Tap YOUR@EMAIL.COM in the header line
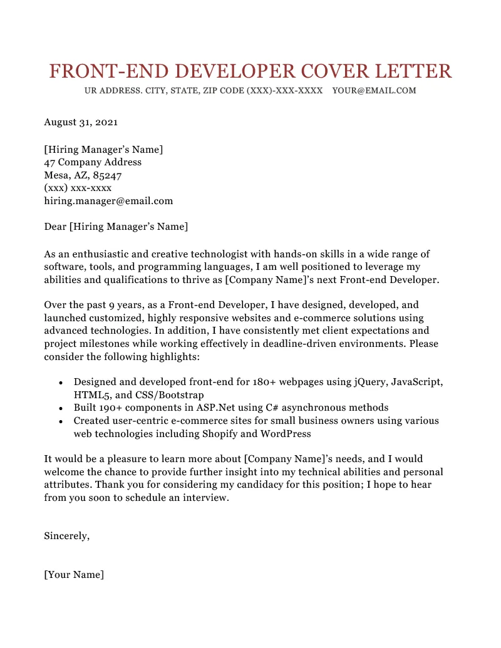coord(374,91)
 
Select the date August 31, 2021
coord(81,123)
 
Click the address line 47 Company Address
coord(93,162)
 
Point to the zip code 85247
coord(107,175)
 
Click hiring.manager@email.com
coord(108,201)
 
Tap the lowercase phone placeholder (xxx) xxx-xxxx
coord(78,188)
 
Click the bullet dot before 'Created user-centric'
coord(60,421)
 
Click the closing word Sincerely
coord(66,536)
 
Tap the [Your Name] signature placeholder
coord(74,575)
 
